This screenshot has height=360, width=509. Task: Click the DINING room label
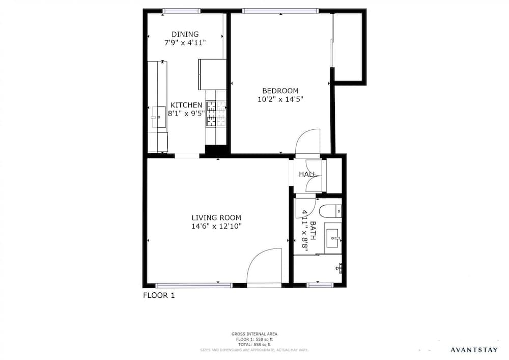(x=185, y=34)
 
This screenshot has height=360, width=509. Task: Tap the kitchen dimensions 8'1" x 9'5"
(x=186, y=114)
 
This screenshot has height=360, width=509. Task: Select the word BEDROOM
(x=280, y=91)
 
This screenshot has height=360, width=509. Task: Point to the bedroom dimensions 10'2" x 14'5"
(x=280, y=100)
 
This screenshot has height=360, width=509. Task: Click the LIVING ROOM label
(x=216, y=217)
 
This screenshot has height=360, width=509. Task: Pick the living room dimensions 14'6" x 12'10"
(x=216, y=227)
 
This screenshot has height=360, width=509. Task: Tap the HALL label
(x=307, y=175)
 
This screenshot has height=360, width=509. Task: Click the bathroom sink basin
(x=334, y=237)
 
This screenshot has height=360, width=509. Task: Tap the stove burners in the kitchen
(x=216, y=114)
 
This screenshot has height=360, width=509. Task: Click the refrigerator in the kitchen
(x=212, y=74)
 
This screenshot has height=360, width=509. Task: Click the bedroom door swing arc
(x=307, y=140)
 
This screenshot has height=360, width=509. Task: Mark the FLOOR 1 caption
(x=158, y=295)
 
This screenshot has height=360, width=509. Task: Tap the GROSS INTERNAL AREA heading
(x=254, y=334)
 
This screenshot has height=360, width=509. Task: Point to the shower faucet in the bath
(x=340, y=267)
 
